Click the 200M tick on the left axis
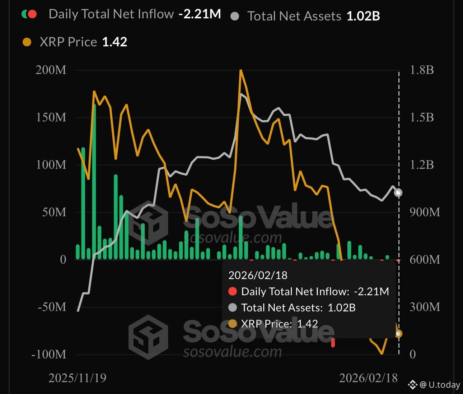[51, 70]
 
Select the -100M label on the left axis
[49, 354]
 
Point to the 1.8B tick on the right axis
[422, 70]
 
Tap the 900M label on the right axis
[425, 212]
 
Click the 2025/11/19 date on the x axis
[77, 378]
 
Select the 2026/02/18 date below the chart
[368, 378]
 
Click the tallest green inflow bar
[94, 180]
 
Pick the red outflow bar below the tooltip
[333, 343]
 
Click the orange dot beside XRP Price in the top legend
[27, 42]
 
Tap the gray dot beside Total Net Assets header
[235, 16]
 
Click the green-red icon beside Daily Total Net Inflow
[29, 14]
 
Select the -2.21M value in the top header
[200, 14]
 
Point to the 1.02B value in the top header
[363, 16]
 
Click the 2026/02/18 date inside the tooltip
[258, 275]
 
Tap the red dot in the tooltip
[233, 291]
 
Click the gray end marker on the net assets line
[398, 193]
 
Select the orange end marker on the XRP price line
[398, 334]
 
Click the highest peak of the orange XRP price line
[241, 70]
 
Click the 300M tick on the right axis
[425, 307]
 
